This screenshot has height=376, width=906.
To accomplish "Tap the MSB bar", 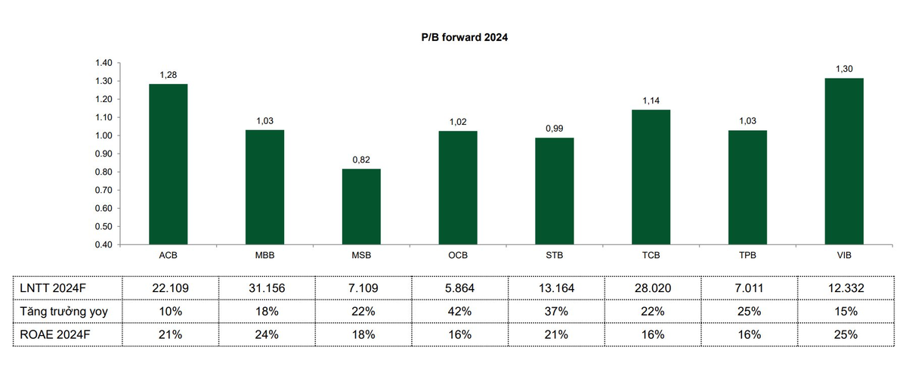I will pyautogui.click(x=361, y=206).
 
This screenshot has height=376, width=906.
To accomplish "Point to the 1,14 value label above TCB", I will pyautogui.click(x=651, y=101).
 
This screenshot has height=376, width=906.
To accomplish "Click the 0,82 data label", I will pyautogui.click(x=361, y=160).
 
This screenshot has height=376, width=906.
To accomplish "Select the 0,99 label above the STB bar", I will pyautogui.click(x=554, y=129).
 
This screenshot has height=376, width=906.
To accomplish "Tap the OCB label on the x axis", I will pyautogui.click(x=458, y=256).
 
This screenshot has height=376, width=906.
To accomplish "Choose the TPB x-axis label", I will pyautogui.click(x=747, y=256).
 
